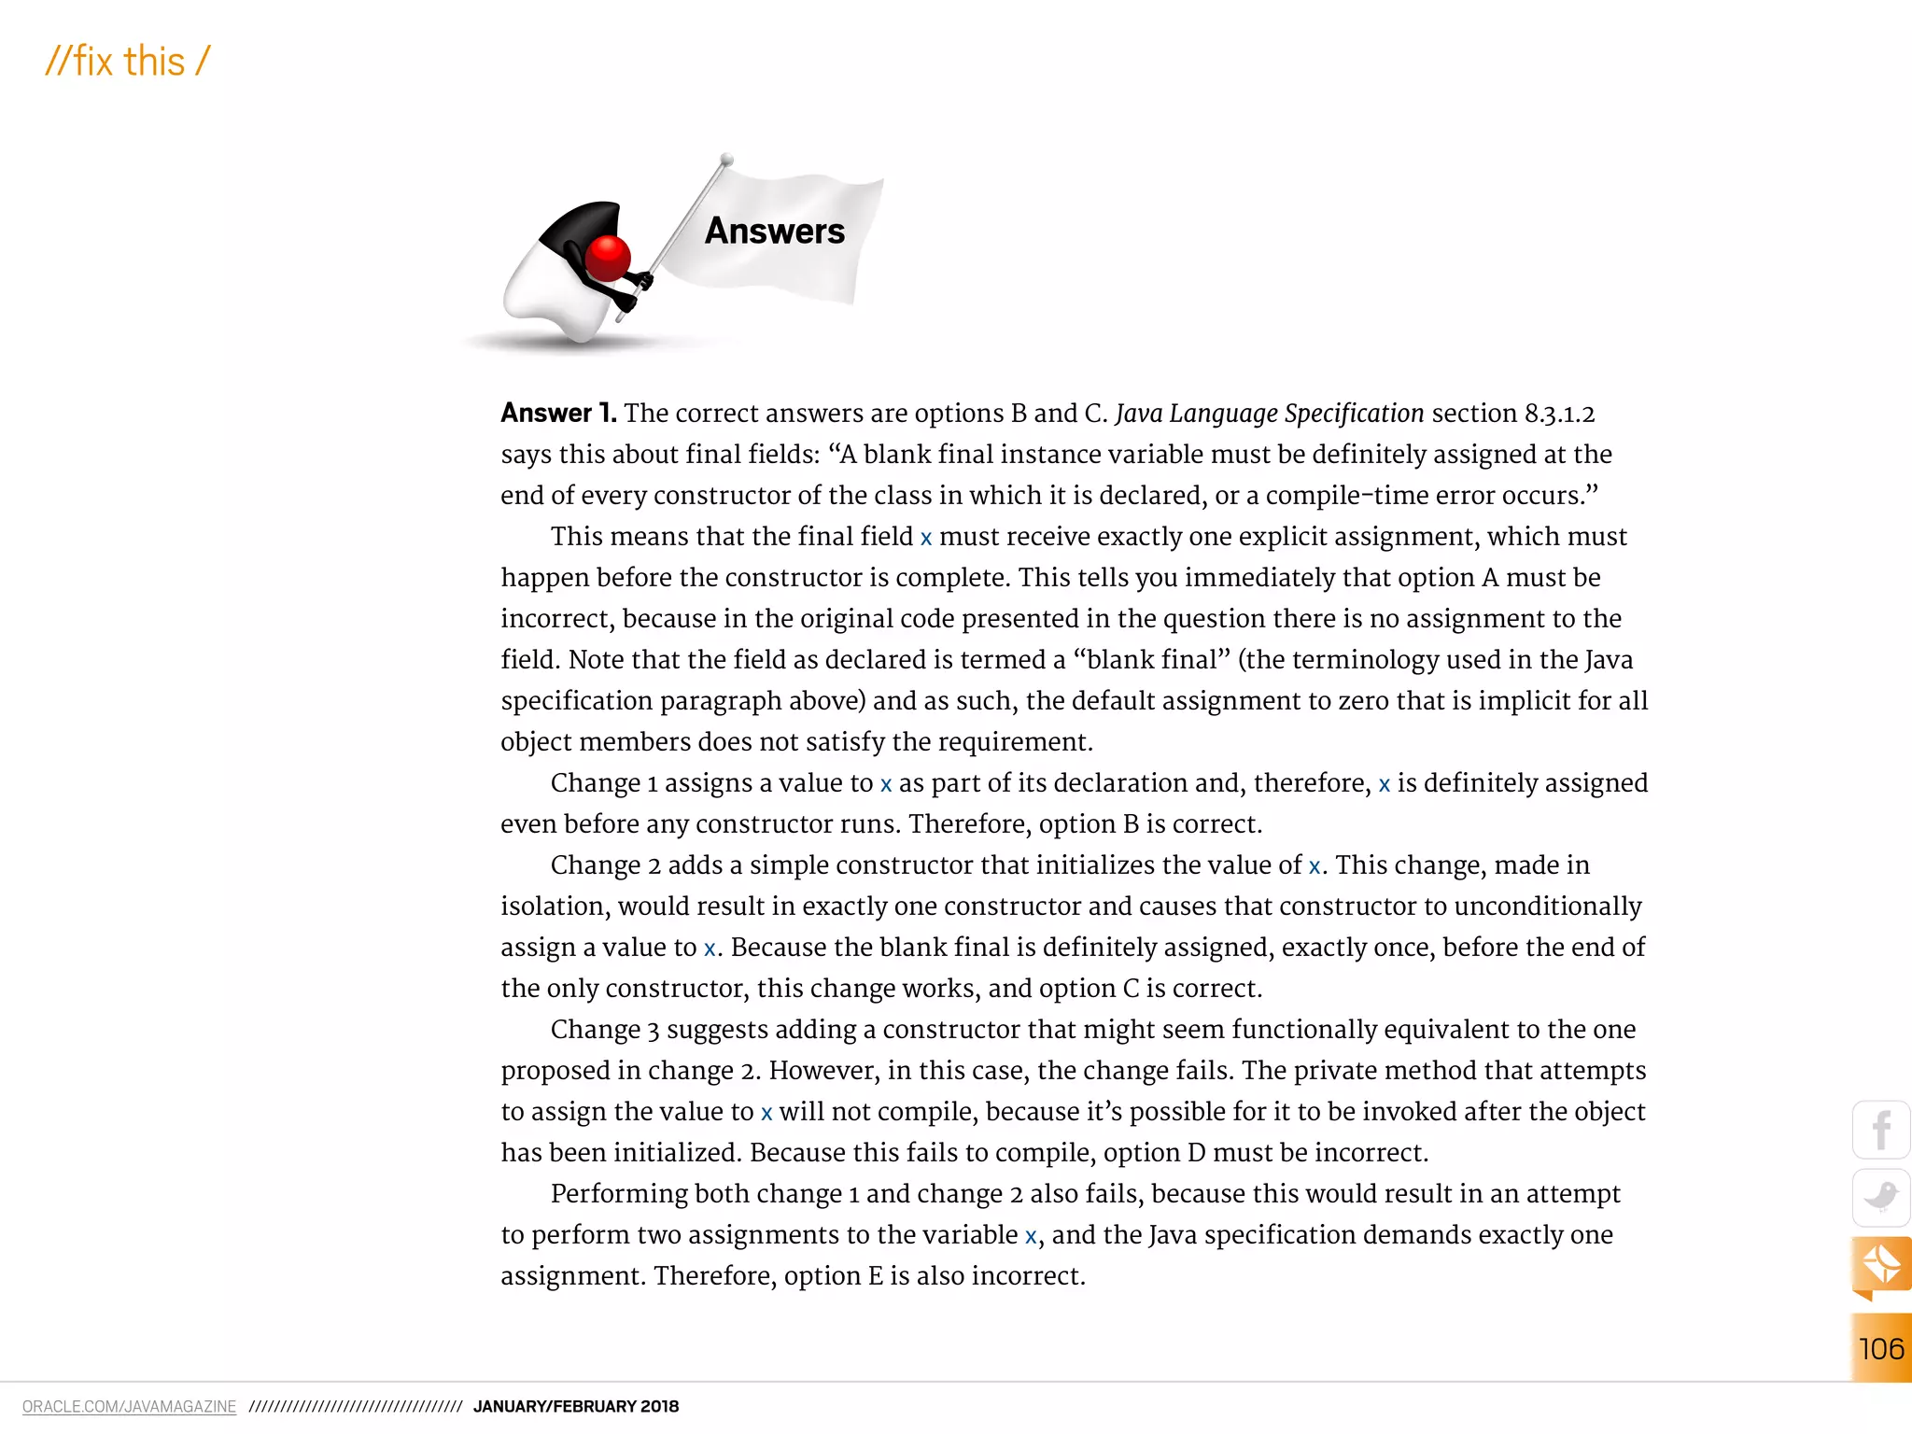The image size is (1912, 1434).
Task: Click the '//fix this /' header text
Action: tap(128, 62)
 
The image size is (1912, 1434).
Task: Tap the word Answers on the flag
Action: tap(774, 231)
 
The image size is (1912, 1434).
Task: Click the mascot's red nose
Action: tap(609, 258)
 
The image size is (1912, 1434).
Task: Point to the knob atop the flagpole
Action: tap(726, 161)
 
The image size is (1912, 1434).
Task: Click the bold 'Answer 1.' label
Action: tap(558, 413)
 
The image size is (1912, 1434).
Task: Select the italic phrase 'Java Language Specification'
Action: tap(1269, 413)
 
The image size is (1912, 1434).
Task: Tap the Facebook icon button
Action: tap(1880, 1130)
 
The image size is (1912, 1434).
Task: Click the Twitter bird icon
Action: tap(1880, 1197)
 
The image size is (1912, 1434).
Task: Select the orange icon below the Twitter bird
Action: tap(1880, 1265)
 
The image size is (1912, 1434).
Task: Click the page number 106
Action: tap(1880, 1348)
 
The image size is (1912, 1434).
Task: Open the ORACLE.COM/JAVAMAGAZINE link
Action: tap(129, 1406)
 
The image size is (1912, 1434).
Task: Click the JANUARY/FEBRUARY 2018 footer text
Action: tap(576, 1406)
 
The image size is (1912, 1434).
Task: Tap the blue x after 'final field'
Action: tap(925, 538)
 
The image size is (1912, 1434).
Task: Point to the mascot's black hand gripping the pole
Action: tap(640, 279)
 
